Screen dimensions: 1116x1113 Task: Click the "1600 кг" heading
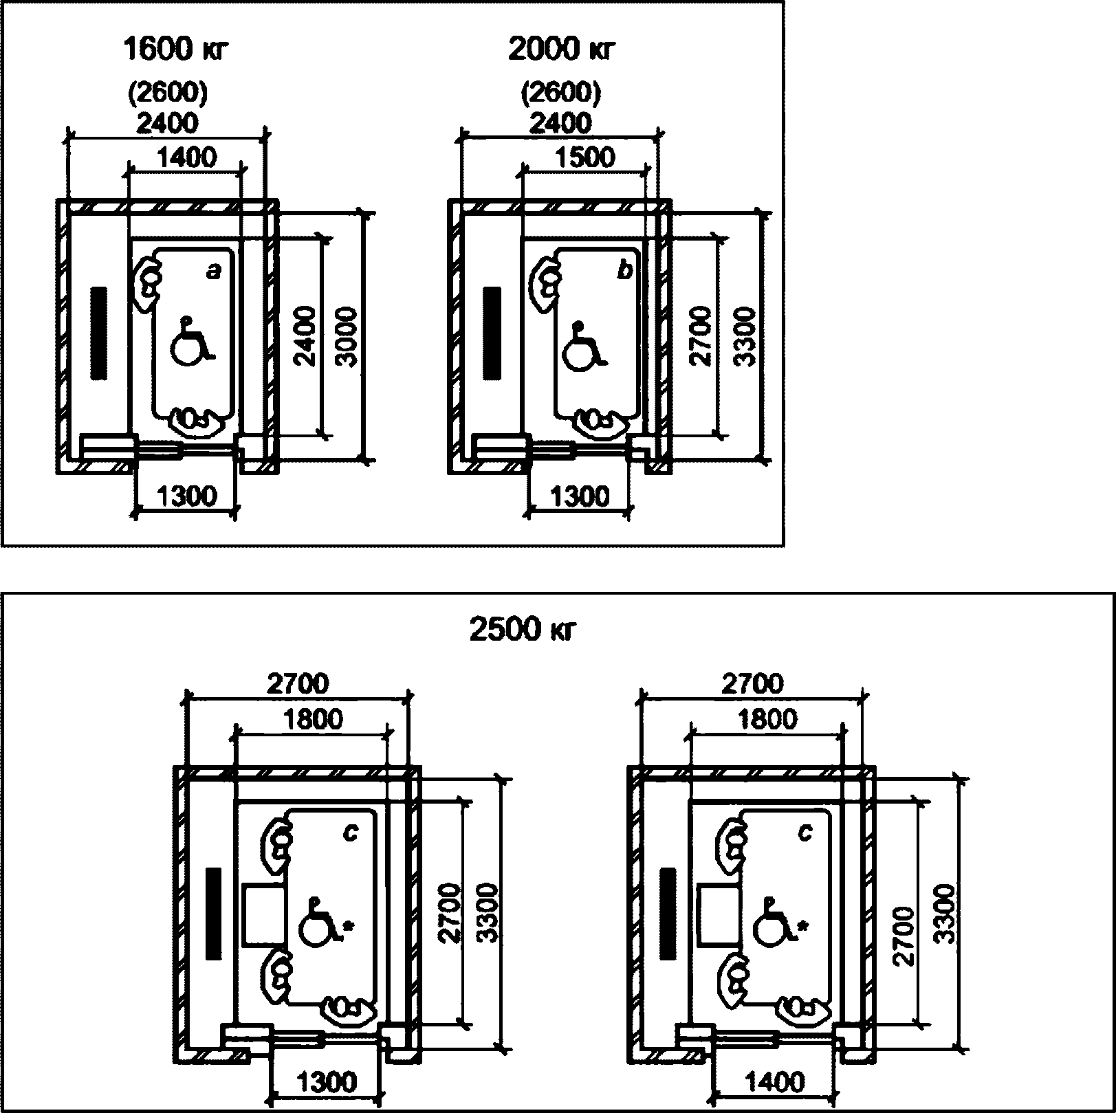point(175,49)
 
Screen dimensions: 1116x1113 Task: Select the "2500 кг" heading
point(521,630)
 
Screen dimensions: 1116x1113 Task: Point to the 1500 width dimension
point(586,157)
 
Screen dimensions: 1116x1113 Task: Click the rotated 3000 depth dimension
point(349,337)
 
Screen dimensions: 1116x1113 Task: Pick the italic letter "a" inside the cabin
point(215,273)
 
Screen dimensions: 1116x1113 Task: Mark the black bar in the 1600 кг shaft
point(99,333)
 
